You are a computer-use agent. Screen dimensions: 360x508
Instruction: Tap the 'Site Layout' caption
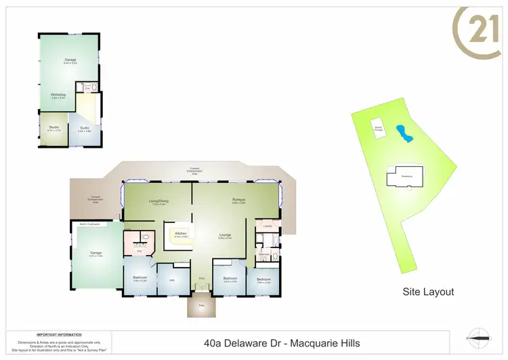428,292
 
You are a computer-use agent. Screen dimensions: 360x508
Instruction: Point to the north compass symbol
482,337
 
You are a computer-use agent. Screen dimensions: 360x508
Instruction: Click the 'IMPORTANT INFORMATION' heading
59,335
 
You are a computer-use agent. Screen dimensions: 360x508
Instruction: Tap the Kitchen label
181,234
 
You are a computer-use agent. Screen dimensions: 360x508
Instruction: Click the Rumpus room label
238,199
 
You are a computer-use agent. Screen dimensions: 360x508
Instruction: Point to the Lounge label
225,236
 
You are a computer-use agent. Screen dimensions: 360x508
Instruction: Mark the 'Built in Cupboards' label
90,223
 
